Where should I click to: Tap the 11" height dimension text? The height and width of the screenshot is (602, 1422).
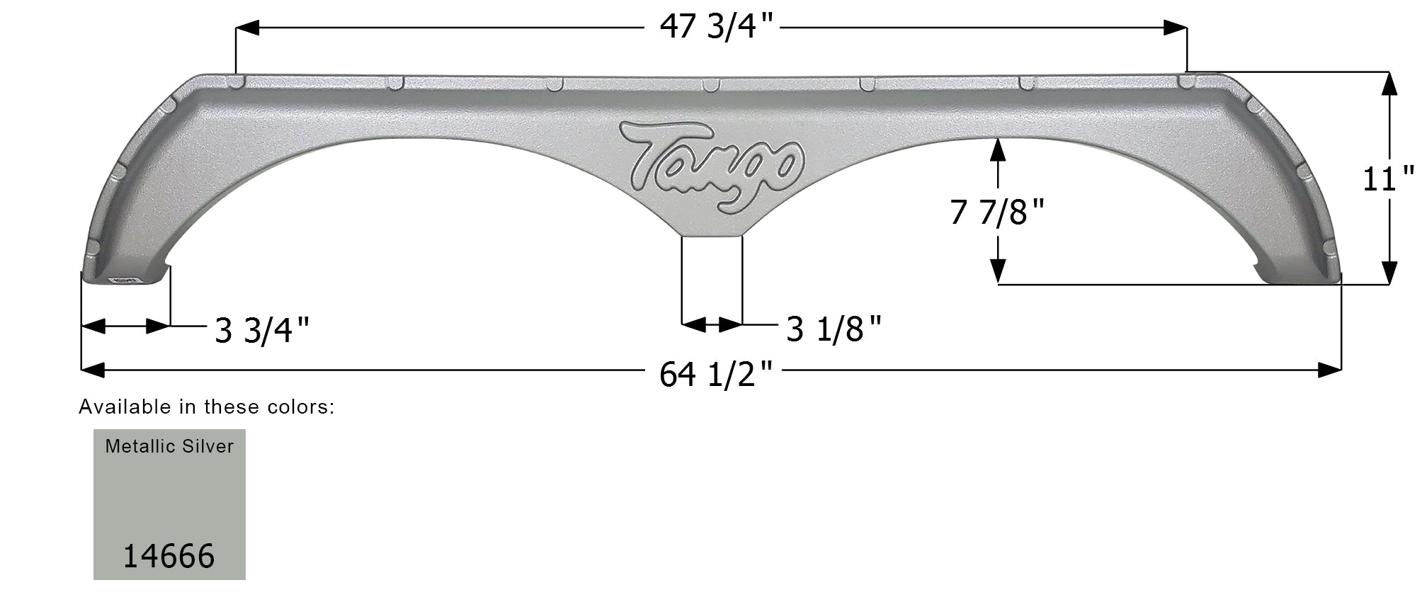pyautogui.click(x=1388, y=178)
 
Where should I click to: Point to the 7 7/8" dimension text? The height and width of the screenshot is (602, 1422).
pyautogui.click(x=997, y=212)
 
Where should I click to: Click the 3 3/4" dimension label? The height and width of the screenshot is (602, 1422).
pyautogui.click(x=263, y=330)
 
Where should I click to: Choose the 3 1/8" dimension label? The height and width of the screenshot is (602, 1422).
pyautogui.click(x=834, y=329)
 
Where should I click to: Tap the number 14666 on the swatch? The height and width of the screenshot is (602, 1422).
pyautogui.click(x=169, y=556)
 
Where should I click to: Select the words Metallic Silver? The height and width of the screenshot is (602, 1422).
pyautogui.click(x=169, y=446)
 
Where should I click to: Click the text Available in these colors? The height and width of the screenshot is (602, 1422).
pyautogui.click(x=206, y=407)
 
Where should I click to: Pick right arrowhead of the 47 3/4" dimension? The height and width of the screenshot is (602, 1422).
pyautogui.click(x=1176, y=28)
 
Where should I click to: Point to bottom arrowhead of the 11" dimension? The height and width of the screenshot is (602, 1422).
pyautogui.click(x=1389, y=273)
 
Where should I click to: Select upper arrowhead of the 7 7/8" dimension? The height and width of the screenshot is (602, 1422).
pyautogui.click(x=998, y=149)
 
